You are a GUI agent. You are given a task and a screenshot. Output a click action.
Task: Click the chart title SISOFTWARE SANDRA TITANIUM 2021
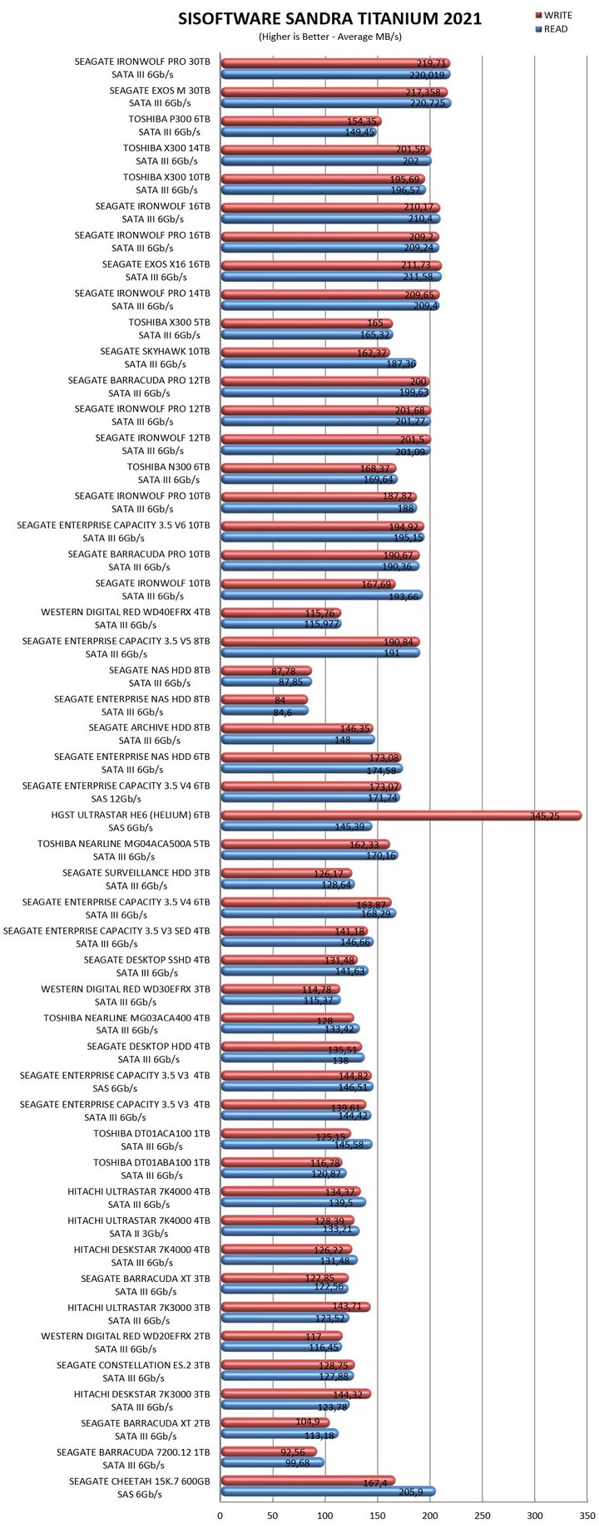pyautogui.click(x=329, y=19)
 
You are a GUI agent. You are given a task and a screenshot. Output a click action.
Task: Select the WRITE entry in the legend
pyautogui.click(x=557, y=16)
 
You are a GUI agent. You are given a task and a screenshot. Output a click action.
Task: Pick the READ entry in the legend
pyautogui.click(x=555, y=29)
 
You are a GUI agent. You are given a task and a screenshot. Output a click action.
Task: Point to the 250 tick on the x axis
pyautogui.click(x=482, y=1516)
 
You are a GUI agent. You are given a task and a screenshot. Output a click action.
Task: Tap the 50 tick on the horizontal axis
pyautogui.click(x=272, y=1516)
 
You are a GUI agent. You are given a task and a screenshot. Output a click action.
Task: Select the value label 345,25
pyautogui.click(x=544, y=816)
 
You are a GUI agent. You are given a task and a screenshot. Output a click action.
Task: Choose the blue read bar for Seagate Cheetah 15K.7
pyautogui.click(x=327, y=1491)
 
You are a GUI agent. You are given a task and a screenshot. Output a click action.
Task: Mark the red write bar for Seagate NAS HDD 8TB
pyautogui.click(x=265, y=671)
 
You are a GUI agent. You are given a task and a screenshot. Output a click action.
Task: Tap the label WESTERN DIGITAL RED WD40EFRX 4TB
pyautogui.click(x=126, y=613)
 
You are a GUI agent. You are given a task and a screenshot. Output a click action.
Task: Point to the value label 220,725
pyautogui.click(x=428, y=103)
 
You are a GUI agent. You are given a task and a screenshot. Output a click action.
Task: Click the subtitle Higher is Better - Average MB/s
pyautogui.click(x=329, y=37)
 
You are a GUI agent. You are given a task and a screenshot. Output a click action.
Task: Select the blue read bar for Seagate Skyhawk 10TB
pyautogui.click(x=318, y=363)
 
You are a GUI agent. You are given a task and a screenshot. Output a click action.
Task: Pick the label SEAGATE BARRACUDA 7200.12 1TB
pyautogui.click(x=133, y=1452)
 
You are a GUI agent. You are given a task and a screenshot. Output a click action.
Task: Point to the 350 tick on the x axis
pyautogui.click(x=587, y=1516)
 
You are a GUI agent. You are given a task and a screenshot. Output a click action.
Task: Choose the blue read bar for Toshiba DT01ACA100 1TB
pyautogui.click(x=295, y=1145)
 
